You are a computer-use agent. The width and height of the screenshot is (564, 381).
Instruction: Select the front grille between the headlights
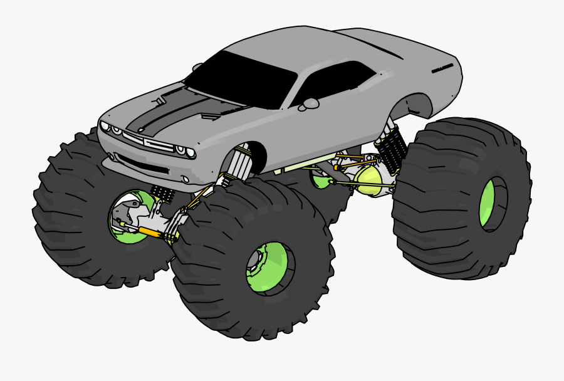[150, 142]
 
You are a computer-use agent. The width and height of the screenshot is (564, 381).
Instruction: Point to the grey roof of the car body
[295, 47]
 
